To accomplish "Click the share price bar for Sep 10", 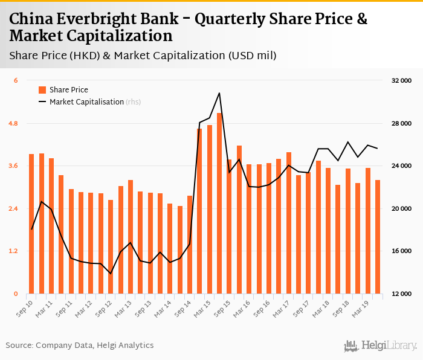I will [x=31, y=223].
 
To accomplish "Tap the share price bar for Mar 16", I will [x=249, y=229].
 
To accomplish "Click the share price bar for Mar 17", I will [x=289, y=223].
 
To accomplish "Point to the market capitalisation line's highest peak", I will [x=219, y=93].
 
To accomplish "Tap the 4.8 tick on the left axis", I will [x=13, y=123].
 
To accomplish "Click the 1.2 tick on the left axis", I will [x=13, y=251].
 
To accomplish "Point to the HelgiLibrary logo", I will [x=381, y=346].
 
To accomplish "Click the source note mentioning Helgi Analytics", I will [x=80, y=346].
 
